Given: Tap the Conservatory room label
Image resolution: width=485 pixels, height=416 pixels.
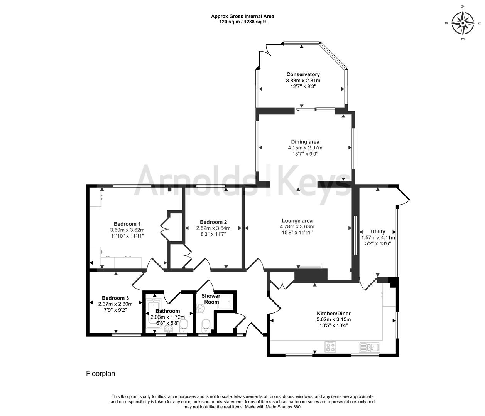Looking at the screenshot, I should [303, 74].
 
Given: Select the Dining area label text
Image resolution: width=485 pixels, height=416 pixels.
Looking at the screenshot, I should [305, 142].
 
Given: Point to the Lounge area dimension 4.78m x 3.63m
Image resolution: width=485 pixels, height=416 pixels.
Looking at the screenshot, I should [297, 226].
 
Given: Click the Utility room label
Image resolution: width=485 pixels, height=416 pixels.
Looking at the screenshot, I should [378, 231].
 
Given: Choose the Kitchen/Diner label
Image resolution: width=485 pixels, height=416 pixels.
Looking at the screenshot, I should [333, 314].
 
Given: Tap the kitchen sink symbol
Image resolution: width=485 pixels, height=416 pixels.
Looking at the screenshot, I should [369, 347].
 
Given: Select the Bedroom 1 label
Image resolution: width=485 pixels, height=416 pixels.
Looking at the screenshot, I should [127, 224].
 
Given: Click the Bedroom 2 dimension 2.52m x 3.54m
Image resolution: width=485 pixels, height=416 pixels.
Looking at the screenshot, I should [213, 228].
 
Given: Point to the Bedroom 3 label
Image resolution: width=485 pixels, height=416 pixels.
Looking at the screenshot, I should [115, 298].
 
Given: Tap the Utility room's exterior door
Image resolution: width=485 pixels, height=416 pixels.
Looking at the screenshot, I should [404, 195].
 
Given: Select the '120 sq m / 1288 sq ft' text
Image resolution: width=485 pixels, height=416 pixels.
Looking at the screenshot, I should [242, 22].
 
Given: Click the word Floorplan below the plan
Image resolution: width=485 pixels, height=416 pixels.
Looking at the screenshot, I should [100, 373].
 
